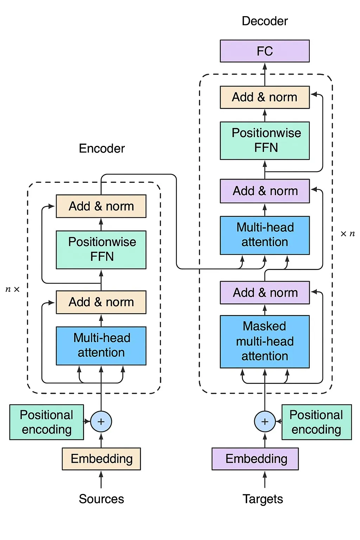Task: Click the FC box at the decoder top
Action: click(265, 51)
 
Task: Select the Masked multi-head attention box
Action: click(265, 341)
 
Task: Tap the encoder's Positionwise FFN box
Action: click(101, 250)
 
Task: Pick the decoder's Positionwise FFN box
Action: click(265, 141)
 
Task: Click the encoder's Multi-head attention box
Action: click(101, 346)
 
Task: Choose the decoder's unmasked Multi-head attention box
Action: click(265, 235)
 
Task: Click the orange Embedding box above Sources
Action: click(101, 459)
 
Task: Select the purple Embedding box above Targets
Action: click(255, 459)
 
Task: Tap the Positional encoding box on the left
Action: click(46, 422)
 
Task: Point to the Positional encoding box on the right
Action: click(316, 422)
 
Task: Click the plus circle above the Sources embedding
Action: click(101, 422)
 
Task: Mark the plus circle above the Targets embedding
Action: click(265, 422)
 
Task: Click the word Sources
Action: click(101, 499)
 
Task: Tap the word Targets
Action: click(263, 499)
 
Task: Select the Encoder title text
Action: click(102, 148)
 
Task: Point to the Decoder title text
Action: click(265, 21)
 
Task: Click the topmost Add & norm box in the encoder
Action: click(101, 206)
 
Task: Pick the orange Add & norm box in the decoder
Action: click(265, 97)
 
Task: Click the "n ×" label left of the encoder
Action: click(13, 289)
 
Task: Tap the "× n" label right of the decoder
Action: click(348, 234)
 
